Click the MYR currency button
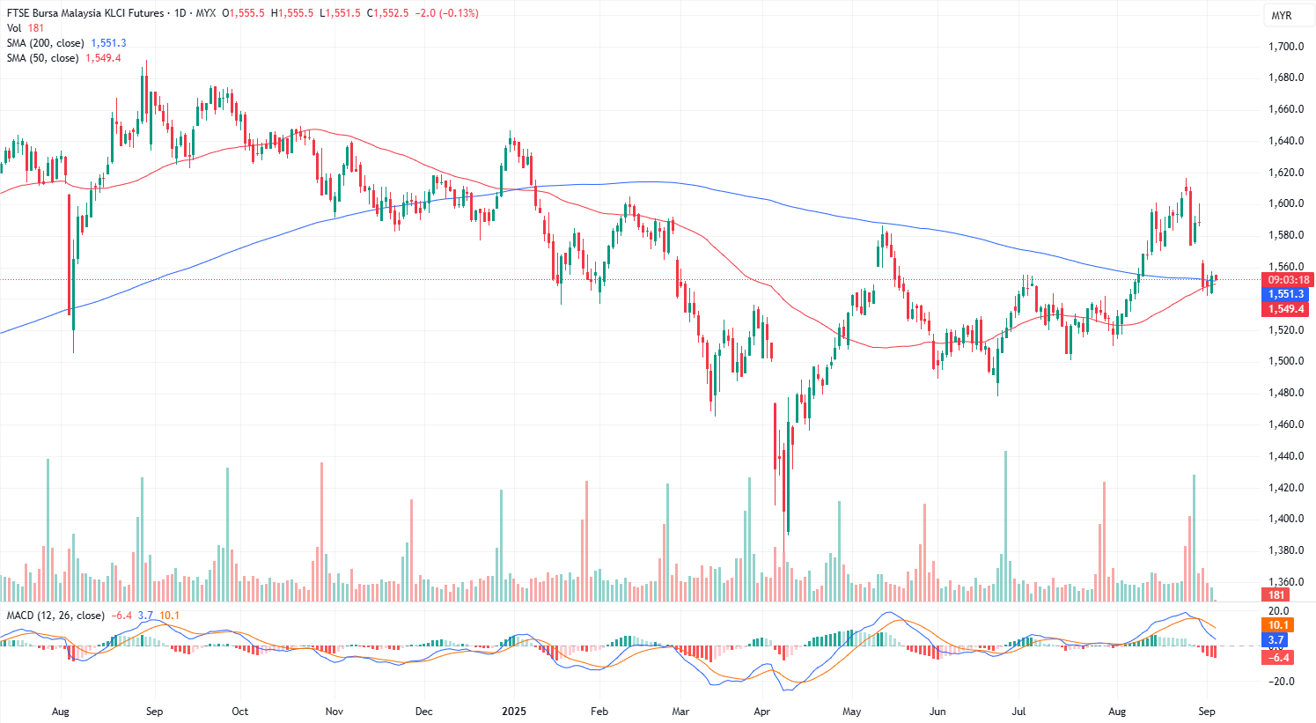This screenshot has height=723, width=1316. pos(1281,16)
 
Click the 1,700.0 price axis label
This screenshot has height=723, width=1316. pos(1285,47)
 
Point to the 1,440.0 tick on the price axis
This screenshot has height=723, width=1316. pos(1285,456)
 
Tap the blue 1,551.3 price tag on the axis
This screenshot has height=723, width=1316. pos(1285,294)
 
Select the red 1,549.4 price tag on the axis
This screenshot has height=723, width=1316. pos(1285,309)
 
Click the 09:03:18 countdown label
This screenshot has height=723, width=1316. pos(1288,280)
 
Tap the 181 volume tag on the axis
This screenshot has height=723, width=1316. pos(1276,595)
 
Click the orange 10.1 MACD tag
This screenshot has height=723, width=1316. pos(1277,625)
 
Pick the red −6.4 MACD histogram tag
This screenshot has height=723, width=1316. pos(1277,658)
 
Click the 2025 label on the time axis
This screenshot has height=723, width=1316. pos(513,712)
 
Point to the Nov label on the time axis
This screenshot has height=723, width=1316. pos(334,712)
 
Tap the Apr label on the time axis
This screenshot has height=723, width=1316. pos(762,712)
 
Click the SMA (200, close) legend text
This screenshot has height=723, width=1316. pos(46,43)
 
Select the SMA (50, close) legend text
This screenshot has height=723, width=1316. pos(43,58)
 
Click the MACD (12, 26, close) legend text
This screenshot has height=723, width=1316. pos(55,616)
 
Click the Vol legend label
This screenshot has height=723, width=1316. pos(14,28)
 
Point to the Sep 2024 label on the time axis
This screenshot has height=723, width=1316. pos(154,712)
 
